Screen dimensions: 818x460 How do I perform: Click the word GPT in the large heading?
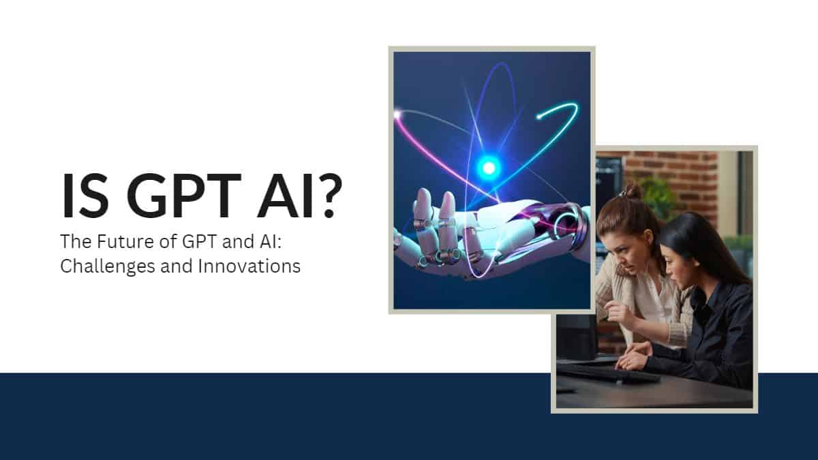[183, 196]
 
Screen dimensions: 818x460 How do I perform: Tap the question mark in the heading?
[328, 196]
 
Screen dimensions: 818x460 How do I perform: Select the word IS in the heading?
[85, 196]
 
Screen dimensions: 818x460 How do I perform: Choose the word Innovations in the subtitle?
[249, 266]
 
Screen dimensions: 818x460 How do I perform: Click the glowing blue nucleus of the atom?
[489, 168]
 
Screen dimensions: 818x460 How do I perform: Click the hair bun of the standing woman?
[633, 191]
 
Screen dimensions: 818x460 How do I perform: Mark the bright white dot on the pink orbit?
[397, 115]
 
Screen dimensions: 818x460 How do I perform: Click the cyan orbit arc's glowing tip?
[539, 117]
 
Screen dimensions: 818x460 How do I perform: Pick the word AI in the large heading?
[285, 196]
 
